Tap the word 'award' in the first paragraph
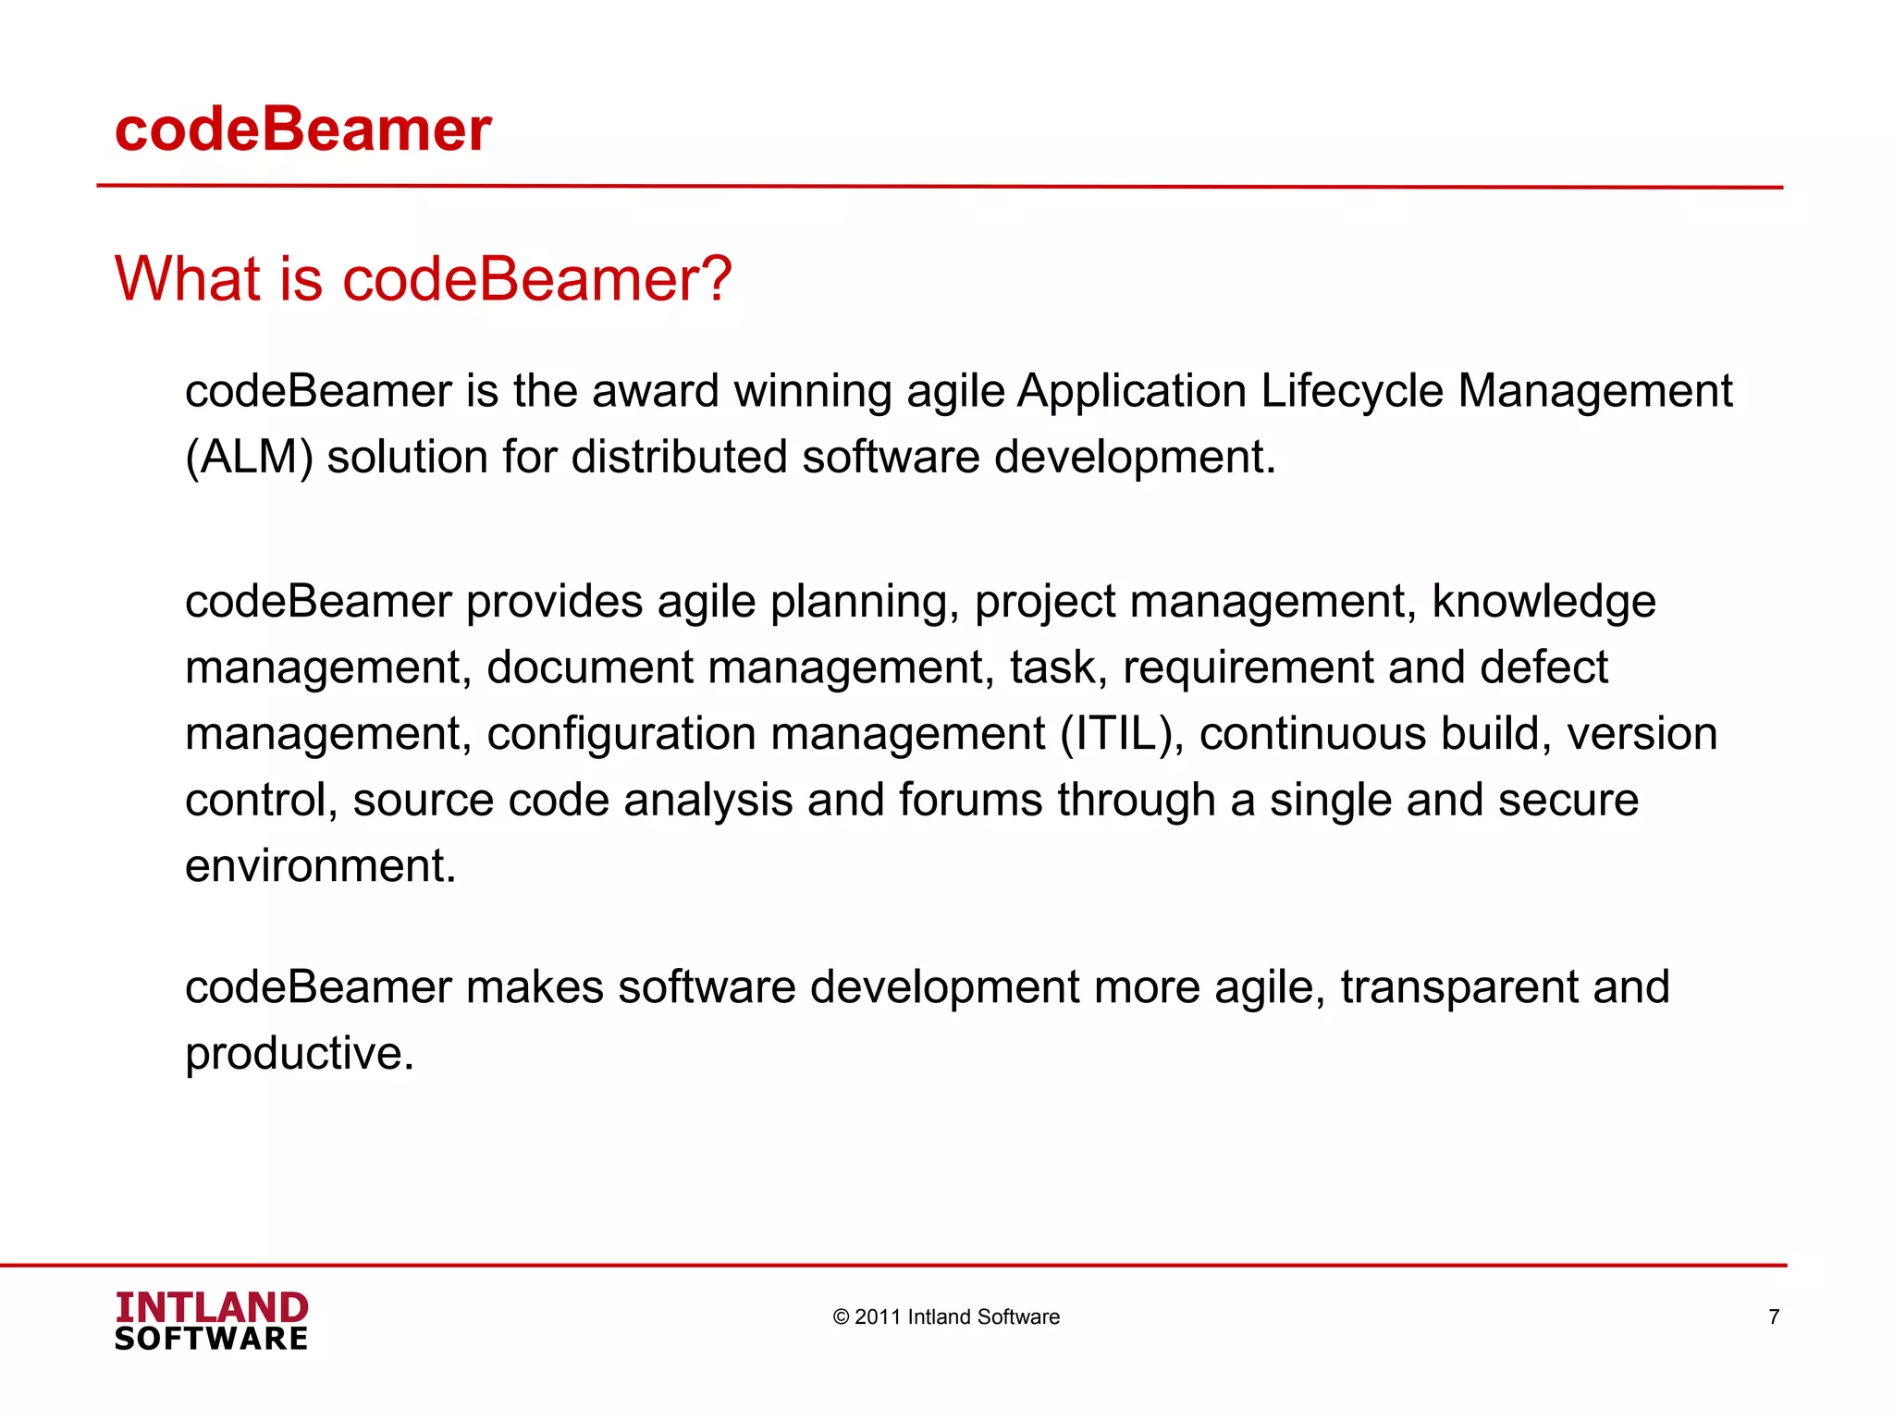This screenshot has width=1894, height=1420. point(655,391)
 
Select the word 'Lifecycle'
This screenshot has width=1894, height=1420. point(1351,391)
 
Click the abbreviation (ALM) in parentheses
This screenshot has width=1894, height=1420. point(249,458)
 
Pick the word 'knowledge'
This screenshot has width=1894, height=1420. point(1543,602)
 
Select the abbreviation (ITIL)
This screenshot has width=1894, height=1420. point(1121,734)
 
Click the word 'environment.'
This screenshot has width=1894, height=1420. point(321,867)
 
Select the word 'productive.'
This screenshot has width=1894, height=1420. point(300,1054)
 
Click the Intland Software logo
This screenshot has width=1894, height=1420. point(212,1321)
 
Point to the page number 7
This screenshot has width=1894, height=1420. point(1774,1317)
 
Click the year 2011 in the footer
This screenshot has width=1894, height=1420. point(877,1317)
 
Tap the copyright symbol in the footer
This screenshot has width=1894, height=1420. point(841,1317)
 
